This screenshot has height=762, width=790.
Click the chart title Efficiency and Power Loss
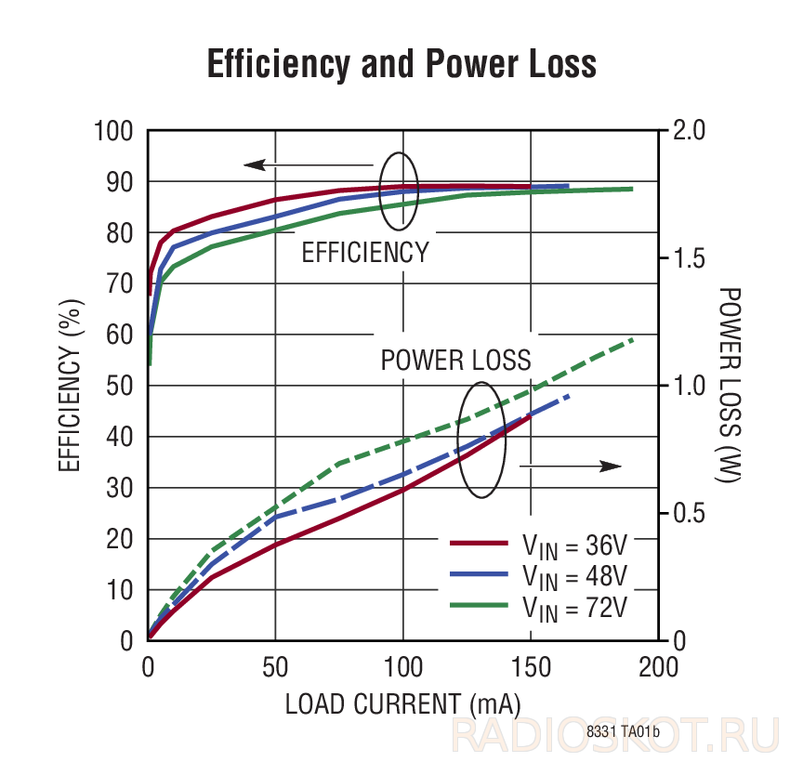(402, 64)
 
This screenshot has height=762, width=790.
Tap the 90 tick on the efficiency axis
(120, 182)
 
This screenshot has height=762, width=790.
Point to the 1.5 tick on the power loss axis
(689, 258)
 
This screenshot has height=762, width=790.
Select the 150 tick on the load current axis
(531, 667)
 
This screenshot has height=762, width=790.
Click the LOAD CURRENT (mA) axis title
(402, 704)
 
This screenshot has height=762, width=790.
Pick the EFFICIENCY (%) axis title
(71, 386)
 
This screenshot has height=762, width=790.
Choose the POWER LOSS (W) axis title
(729, 385)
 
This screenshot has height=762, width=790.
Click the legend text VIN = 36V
(575, 545)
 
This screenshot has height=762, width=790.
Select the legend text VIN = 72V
(575, 609)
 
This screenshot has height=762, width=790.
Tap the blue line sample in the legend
(479, 573)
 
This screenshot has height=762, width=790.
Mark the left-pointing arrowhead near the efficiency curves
(255, 164)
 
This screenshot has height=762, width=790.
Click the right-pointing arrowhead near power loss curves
(611, 466)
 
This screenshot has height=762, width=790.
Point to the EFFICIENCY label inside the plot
(365, 253)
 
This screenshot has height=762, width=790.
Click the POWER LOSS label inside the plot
(456, 361)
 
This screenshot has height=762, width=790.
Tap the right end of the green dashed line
(632, 340)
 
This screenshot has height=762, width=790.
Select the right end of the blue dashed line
(568, 397)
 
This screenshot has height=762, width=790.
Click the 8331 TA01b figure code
(623, 731)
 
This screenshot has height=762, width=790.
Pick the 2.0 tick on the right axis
(689, 130)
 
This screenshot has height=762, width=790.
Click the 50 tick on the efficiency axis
(120, 387)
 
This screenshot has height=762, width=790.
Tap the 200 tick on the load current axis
(659, 667)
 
